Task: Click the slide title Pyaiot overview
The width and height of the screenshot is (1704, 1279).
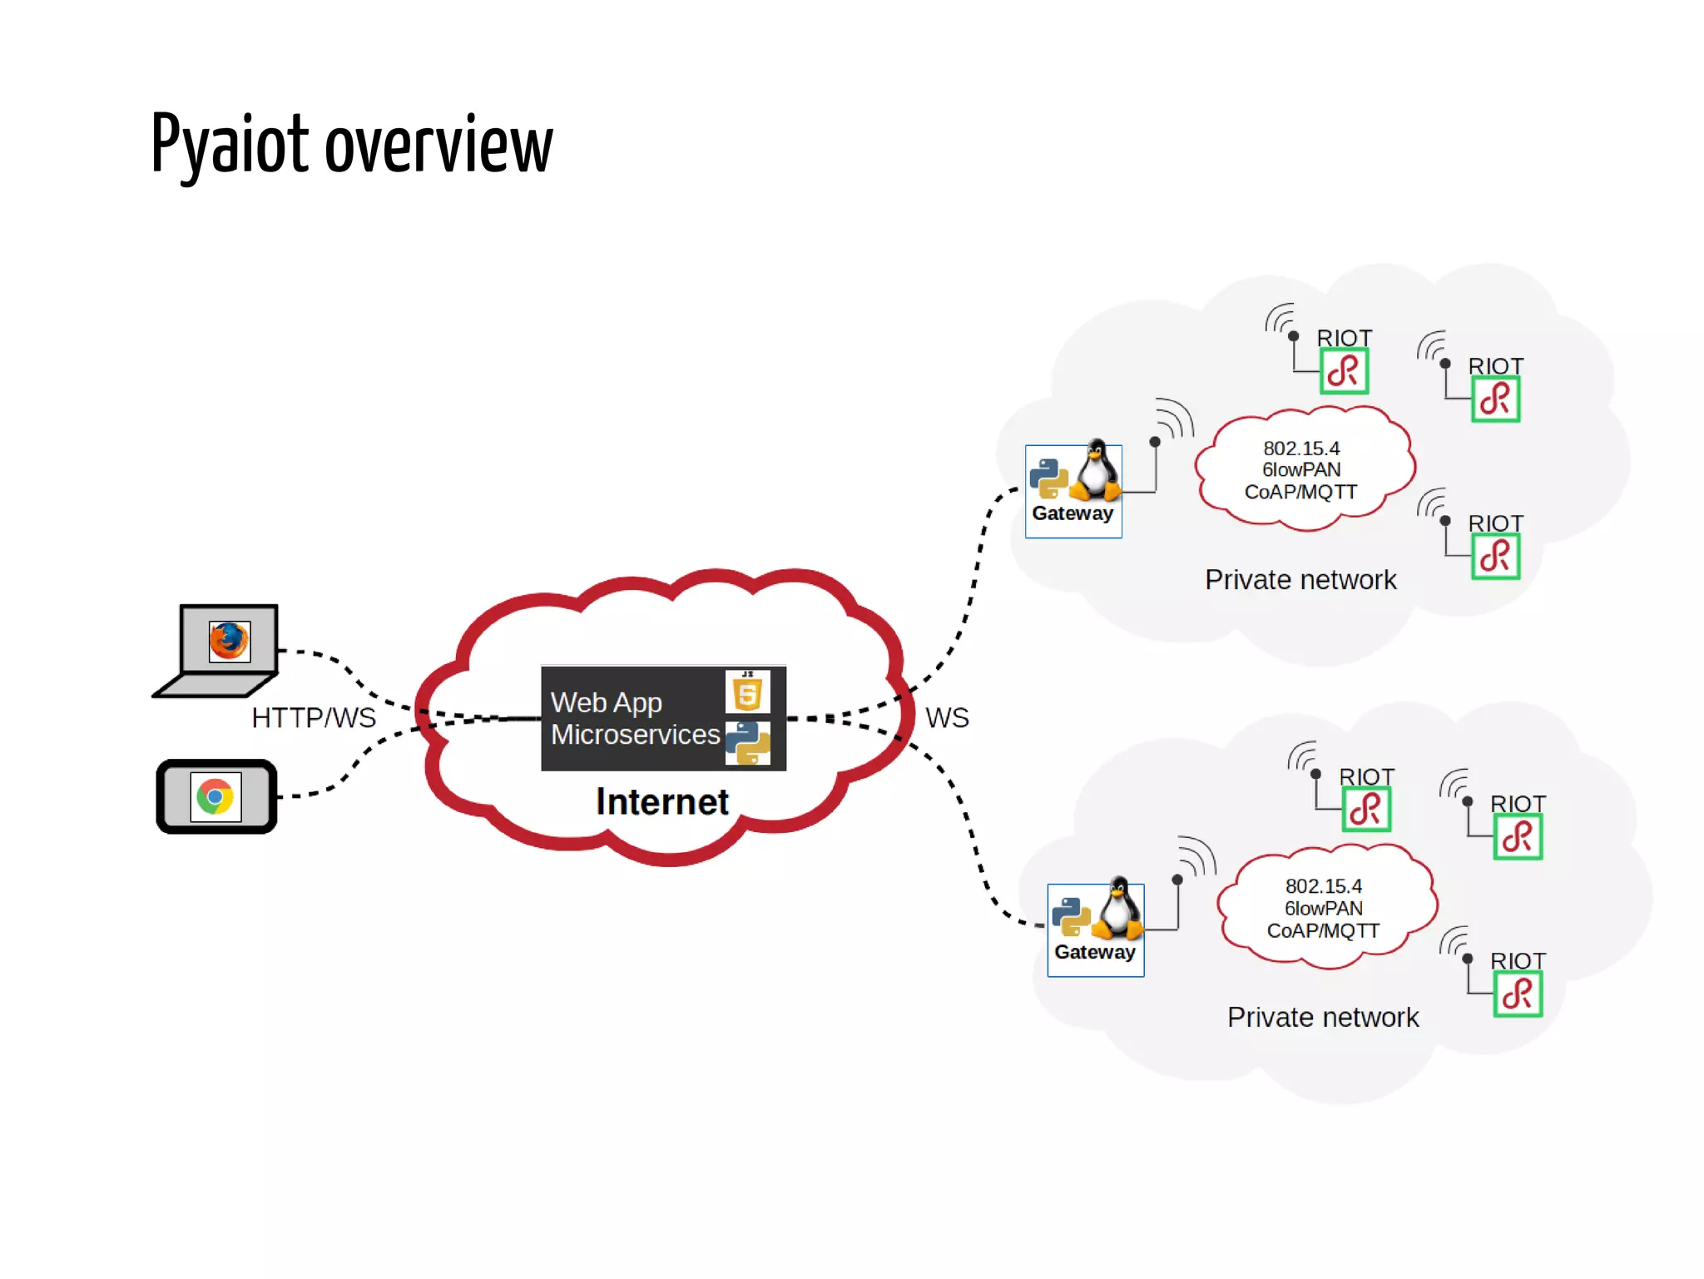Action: [x=351, y=145]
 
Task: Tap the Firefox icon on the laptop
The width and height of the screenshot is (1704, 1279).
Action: [x=229, y=641]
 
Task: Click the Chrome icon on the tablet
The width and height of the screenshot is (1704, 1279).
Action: [x=215, y=796]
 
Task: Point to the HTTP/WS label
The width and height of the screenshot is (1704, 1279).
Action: [x=314, y=717]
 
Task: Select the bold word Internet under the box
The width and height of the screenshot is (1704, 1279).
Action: [x=661, y=801]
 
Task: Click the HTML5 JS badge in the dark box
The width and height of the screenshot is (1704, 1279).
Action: [x=747, y=692]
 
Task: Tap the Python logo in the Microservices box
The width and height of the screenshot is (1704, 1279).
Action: [x=747, y=742]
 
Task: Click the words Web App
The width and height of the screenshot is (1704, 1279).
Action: [x=606, y=702]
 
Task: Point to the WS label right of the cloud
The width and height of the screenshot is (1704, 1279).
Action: [x=947, y=717]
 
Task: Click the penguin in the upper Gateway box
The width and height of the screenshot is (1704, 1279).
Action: [x=1097, y=470]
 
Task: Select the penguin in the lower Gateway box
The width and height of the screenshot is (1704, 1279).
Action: [x=1119, y=909]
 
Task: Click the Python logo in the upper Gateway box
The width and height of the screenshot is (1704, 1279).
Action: [x=1048, y=478]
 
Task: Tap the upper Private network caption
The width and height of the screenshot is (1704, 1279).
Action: [x=1300, y=579]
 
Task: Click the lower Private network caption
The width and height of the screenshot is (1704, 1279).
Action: [x=1323, y=1017]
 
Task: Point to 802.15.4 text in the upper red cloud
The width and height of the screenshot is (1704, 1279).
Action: [x=1301, y=448]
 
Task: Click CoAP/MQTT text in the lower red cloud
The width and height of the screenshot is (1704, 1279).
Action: [x=1323, y=930]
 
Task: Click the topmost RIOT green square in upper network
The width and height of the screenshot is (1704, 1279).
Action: [x=1344, y=371]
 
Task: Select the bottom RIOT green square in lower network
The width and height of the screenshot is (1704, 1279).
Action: [x=1518, y=994]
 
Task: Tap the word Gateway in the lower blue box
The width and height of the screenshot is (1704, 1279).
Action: [x=1094, y=952]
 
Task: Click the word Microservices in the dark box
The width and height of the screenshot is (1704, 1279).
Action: [x=635, y=735]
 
